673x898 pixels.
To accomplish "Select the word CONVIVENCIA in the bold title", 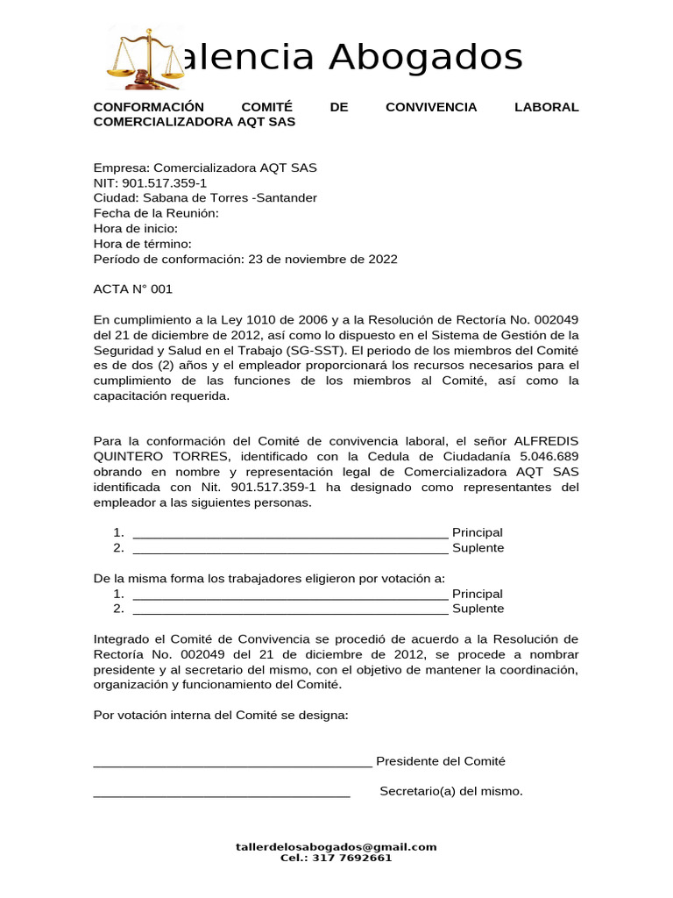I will (431, 107).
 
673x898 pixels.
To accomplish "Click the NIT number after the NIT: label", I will (164, 183).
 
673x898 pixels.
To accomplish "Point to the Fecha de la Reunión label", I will (156, 213).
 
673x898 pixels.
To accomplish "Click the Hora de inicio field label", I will (135, 229).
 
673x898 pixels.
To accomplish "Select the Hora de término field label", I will (142, 244).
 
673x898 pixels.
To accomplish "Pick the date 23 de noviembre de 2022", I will (322, 260).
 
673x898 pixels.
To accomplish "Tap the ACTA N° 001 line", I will (133, 289).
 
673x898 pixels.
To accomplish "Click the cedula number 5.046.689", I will (549, 457).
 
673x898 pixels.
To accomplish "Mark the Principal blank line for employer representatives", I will (289, 533).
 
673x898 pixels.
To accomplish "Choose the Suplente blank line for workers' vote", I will (289, 609).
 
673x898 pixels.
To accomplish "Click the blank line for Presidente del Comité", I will (232, 762).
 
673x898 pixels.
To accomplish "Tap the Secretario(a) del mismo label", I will (451, 792).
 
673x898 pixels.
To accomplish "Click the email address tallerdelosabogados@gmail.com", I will (336, 847).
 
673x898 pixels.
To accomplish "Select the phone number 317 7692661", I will (355, 859).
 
